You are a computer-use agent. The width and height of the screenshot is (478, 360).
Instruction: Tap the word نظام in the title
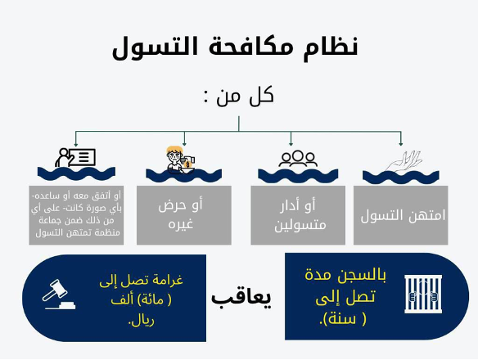[x=331, y=47]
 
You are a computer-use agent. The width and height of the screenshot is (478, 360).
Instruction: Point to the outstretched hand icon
[x=404, y=161]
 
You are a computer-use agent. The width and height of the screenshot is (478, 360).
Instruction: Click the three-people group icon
[x=298, y=159]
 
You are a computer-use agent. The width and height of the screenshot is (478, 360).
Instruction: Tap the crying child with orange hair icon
[x=180, y=160]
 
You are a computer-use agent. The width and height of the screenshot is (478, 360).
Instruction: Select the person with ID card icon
[x=75, y=157]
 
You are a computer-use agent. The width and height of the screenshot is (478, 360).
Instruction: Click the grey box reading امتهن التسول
[x=400, y=215]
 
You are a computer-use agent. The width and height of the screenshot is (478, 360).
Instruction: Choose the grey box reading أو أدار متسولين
[x=298, y=215]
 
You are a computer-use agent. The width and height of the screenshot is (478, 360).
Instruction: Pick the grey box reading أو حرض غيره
[x=184, y=215]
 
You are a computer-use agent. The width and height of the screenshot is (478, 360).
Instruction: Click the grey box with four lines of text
[x=76, y=215]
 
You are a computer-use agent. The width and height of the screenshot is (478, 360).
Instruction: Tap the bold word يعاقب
[x=241, y=297]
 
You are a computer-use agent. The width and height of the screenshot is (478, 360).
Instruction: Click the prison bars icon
[x=423, y=295]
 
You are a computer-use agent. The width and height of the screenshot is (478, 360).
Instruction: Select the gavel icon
[x=58, y=295]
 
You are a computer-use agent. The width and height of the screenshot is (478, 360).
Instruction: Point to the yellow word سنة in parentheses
[x=345, y=319]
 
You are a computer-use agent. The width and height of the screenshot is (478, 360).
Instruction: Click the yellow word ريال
[x=142, y=321]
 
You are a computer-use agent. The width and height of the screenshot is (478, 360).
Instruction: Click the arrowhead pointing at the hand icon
[x=400, y=143]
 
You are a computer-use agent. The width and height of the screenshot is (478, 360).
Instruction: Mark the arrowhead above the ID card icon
[x=76, y=143]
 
